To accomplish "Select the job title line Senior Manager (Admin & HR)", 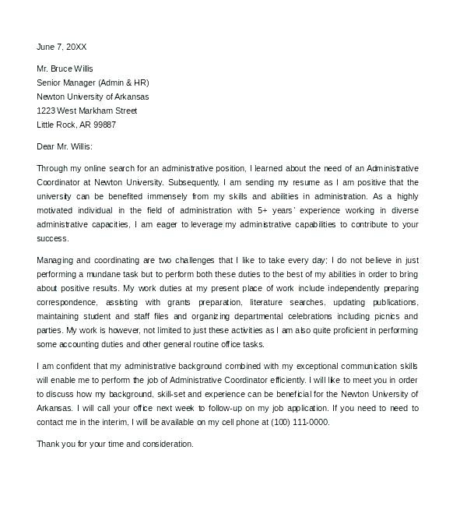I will [93, 83].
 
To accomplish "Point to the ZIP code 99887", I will [104, 125].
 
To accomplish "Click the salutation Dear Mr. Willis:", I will [65, 146].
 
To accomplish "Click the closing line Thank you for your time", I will [115, 444].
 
